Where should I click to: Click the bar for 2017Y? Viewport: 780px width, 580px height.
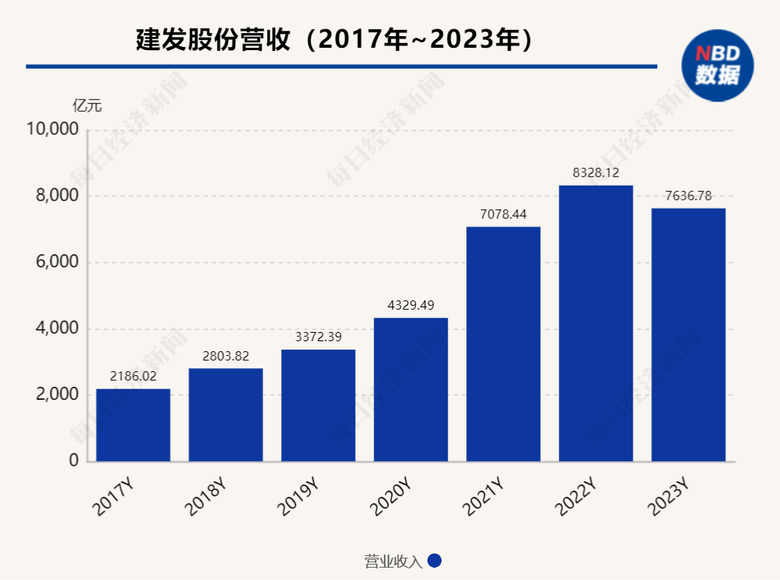point(133,424)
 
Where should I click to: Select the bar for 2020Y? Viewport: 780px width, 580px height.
point(411,389)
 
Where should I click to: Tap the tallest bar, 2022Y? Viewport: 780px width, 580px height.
point(596,323)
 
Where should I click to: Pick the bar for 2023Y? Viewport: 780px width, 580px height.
point(688,334)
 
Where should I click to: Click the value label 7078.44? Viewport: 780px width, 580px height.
point(503,214)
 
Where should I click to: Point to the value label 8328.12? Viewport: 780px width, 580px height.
point(596,173)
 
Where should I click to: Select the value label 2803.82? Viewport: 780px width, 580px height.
point(226,356)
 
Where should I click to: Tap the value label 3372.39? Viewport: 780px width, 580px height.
point(318,337)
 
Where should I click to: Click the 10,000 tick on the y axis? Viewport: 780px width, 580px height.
point(52,129)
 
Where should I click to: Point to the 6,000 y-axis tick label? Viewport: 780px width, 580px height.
point(57,262)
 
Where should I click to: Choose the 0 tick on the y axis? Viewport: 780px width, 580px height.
point(74,461)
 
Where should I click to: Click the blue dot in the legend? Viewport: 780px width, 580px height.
point(434,562)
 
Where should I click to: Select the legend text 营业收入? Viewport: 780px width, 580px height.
point(393,562)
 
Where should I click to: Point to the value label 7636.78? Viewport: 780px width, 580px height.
point(688,196)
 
